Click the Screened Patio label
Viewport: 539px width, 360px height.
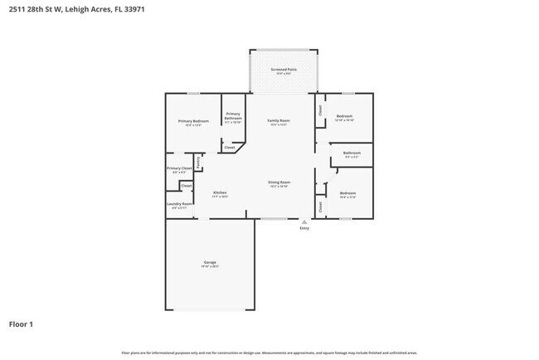pos(284,70)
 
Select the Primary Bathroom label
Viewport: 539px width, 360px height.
pos(233,116)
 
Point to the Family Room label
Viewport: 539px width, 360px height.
pos(278,121)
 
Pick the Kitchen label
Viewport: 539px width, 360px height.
pos(220,192)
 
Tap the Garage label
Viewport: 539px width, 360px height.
pos(210,262)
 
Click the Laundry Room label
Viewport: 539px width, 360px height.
pos(180,203)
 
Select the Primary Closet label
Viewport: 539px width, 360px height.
pos(179,168)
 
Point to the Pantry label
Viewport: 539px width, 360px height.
pos(198,161)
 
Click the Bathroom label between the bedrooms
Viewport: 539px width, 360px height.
pos(352,153)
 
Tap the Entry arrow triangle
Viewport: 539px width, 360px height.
pos(303,221)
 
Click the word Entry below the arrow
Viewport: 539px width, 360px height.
pos(303,228)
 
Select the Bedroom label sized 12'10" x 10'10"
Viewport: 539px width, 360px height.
pos(344,116)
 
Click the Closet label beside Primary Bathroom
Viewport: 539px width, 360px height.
pos(229,148)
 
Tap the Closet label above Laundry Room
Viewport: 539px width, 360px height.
pos(186,185)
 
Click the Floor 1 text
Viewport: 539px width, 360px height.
pos(21,324)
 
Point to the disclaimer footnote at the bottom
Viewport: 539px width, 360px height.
pos(269,352)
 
